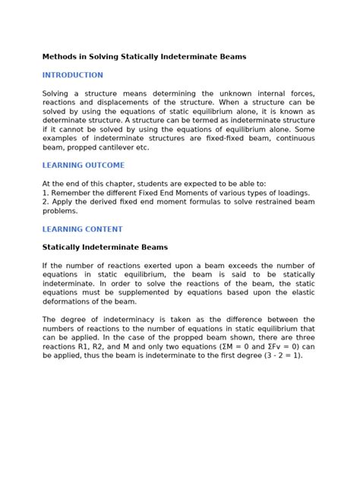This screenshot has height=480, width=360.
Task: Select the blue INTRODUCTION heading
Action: [73, 75]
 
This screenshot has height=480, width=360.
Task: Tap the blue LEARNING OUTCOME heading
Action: [84, 165]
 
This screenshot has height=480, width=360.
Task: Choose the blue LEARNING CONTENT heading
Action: [82, 229]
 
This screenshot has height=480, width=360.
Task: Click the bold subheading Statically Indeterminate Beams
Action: [105, 247]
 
